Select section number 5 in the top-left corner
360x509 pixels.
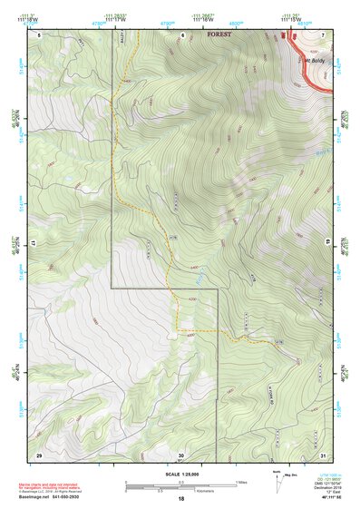38,34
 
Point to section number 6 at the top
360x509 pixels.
182,34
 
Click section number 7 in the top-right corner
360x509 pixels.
324,34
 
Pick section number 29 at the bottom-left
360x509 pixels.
39,454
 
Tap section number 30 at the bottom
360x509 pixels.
181,454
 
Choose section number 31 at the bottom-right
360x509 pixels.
324,454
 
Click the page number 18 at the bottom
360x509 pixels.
181,500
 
